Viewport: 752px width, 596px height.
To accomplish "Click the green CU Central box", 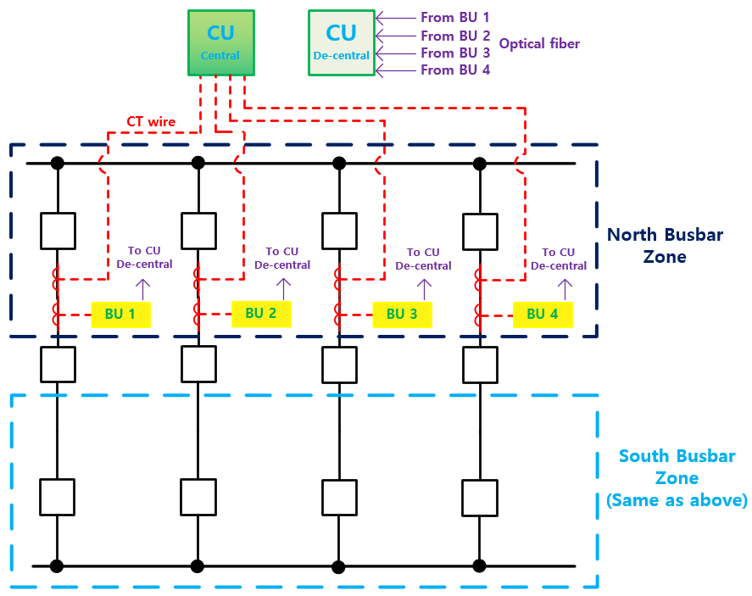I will (220, 42).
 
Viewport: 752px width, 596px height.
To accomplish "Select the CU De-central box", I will (341, 42).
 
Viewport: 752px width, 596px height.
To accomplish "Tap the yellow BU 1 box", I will (120, 315).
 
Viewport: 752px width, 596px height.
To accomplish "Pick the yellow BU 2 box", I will (261, 314).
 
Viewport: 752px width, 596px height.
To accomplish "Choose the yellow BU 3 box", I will (402, 315).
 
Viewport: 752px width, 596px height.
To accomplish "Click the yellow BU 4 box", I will (543, 315).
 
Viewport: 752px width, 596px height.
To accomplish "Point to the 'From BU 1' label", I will (454, 17).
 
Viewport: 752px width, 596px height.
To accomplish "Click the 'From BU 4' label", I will (455, 70).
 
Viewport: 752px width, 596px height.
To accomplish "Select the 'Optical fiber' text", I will (540, 43).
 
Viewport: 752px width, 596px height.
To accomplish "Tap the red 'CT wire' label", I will (151, 122).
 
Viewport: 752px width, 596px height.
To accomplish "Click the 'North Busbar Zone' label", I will (666, 245).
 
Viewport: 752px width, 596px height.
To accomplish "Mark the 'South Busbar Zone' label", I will (677, 466).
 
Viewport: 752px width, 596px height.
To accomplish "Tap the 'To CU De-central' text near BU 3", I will (423, 259).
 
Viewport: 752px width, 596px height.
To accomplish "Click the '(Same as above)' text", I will (677, 500).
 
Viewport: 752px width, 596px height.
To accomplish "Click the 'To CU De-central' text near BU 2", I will (282, 258).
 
